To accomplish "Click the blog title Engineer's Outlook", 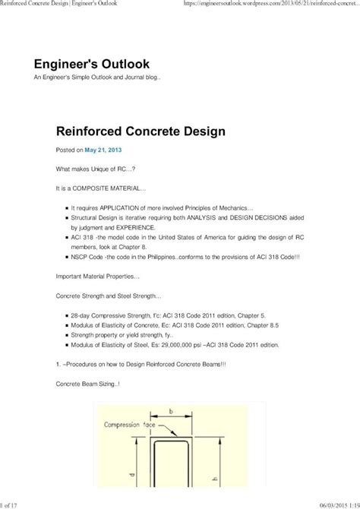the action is [91, 63].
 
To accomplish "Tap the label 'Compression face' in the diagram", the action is [125, 426].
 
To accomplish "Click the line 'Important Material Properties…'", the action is [98, 276].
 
